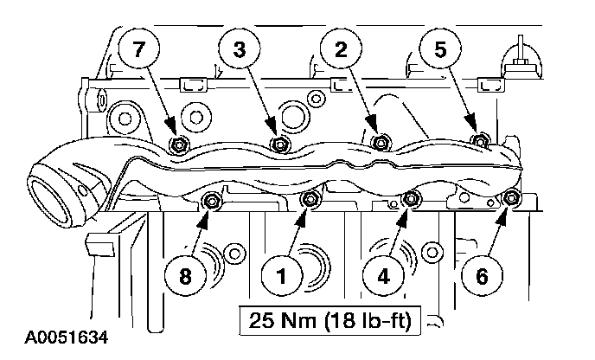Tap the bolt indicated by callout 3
click(278, 144)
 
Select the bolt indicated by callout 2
click(378, 142)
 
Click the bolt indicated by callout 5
click(479, 140)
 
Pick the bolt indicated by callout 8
click(210, 202)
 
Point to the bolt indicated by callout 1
click(310, 202)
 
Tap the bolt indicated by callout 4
click(412, 201)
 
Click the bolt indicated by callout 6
click(511, 200)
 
